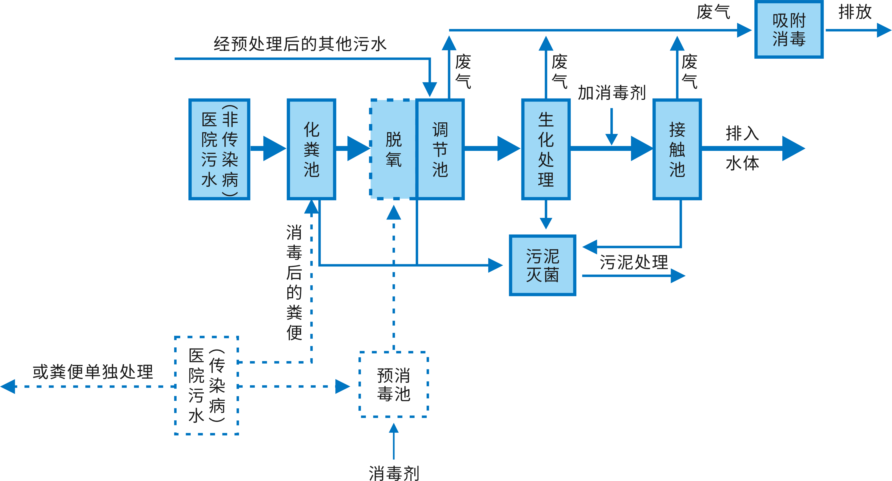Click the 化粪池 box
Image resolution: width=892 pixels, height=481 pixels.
click(x=311, y=149)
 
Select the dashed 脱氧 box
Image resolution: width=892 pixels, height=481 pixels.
click(x=393, y=149)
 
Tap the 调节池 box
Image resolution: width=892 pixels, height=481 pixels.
click(x=440, y=149)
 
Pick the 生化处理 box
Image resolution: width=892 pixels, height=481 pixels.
click(x=546, y=149)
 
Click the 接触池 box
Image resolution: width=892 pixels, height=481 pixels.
click(x=677, y=149)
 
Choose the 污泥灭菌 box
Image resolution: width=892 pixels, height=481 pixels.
click(x=543, y=265)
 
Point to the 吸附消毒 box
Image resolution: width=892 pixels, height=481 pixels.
click(x=789, y=30)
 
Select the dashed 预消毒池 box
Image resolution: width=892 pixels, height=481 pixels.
click(x=394, y=384)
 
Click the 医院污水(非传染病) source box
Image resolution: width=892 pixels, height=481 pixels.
click(x=219, y=149)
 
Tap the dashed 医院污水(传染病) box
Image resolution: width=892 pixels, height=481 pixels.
click(x=207, y=385)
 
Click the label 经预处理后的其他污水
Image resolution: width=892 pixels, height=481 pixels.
click(x=300, y=44)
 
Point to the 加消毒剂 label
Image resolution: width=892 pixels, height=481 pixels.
click(x=612, y=93)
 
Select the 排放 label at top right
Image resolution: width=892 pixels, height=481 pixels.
click(x=855, y=12)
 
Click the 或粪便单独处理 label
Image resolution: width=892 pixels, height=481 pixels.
click(x=93, y=372)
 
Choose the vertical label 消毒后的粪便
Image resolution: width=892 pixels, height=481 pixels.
click(x=294, y=282)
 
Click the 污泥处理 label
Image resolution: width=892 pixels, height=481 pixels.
click(x=634, y=262)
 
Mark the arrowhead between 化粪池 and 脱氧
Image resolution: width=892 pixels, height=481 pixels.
click(x=358, y=149)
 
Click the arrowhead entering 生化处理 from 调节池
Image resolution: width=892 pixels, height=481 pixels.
click(x=508, y=149)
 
